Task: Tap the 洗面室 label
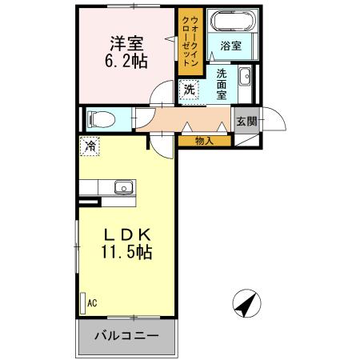coord(220,84)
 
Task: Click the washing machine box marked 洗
coord(190,90)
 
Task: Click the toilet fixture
coord(100,120)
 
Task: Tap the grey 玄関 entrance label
coord(246,121)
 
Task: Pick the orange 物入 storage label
coord(205,141)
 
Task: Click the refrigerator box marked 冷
coord(90,146)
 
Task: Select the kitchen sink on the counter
coord(124,188)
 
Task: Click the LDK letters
coord(126,235)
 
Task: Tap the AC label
coord(92,302)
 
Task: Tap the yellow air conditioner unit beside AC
coord(82,302)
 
